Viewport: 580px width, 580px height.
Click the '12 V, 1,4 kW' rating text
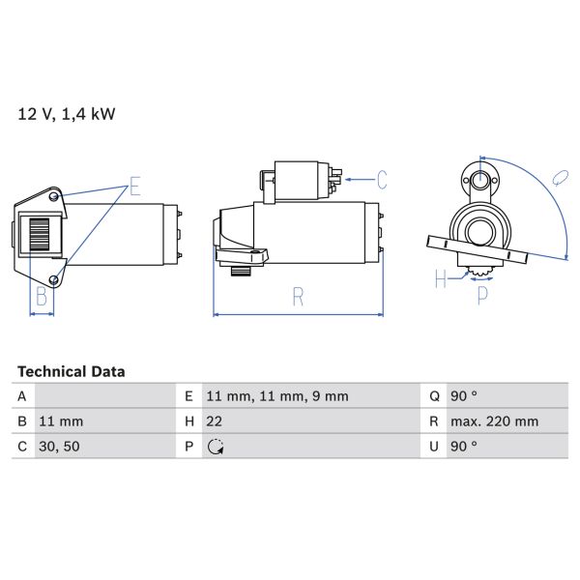pyautogui.click(x=67, y=114)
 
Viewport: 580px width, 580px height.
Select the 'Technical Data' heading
pyautogui.click(x=71, y=371)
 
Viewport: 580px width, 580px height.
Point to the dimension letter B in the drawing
pyautogui.click(x=42, y=297)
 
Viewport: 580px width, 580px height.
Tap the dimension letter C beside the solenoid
pyautogui.click(x=382, y=179)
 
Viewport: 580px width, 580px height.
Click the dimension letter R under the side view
pyautogui.click(x=298, y=298)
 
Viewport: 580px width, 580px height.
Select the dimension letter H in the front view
pyautogui.click(x=441, y=279)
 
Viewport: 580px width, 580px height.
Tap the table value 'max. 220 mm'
pyautogui.click(x=495, y=421)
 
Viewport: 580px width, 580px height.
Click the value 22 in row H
pyautogui.click(x=215, y=421)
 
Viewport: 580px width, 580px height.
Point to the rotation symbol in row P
pyautogui.click(x=215, y=447)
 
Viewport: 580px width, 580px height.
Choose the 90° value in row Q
pyautogui.click(x=464, y=396)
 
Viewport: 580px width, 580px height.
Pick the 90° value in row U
pyautogui.click(x=464, y=447)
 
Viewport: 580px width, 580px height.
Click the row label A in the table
pyautogui.click(x=21, y=396)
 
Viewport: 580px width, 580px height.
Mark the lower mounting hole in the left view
pyautogui.click(x=55, y=280)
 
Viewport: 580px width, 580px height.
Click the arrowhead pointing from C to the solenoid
pyautogui.click(x=347, y=179)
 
